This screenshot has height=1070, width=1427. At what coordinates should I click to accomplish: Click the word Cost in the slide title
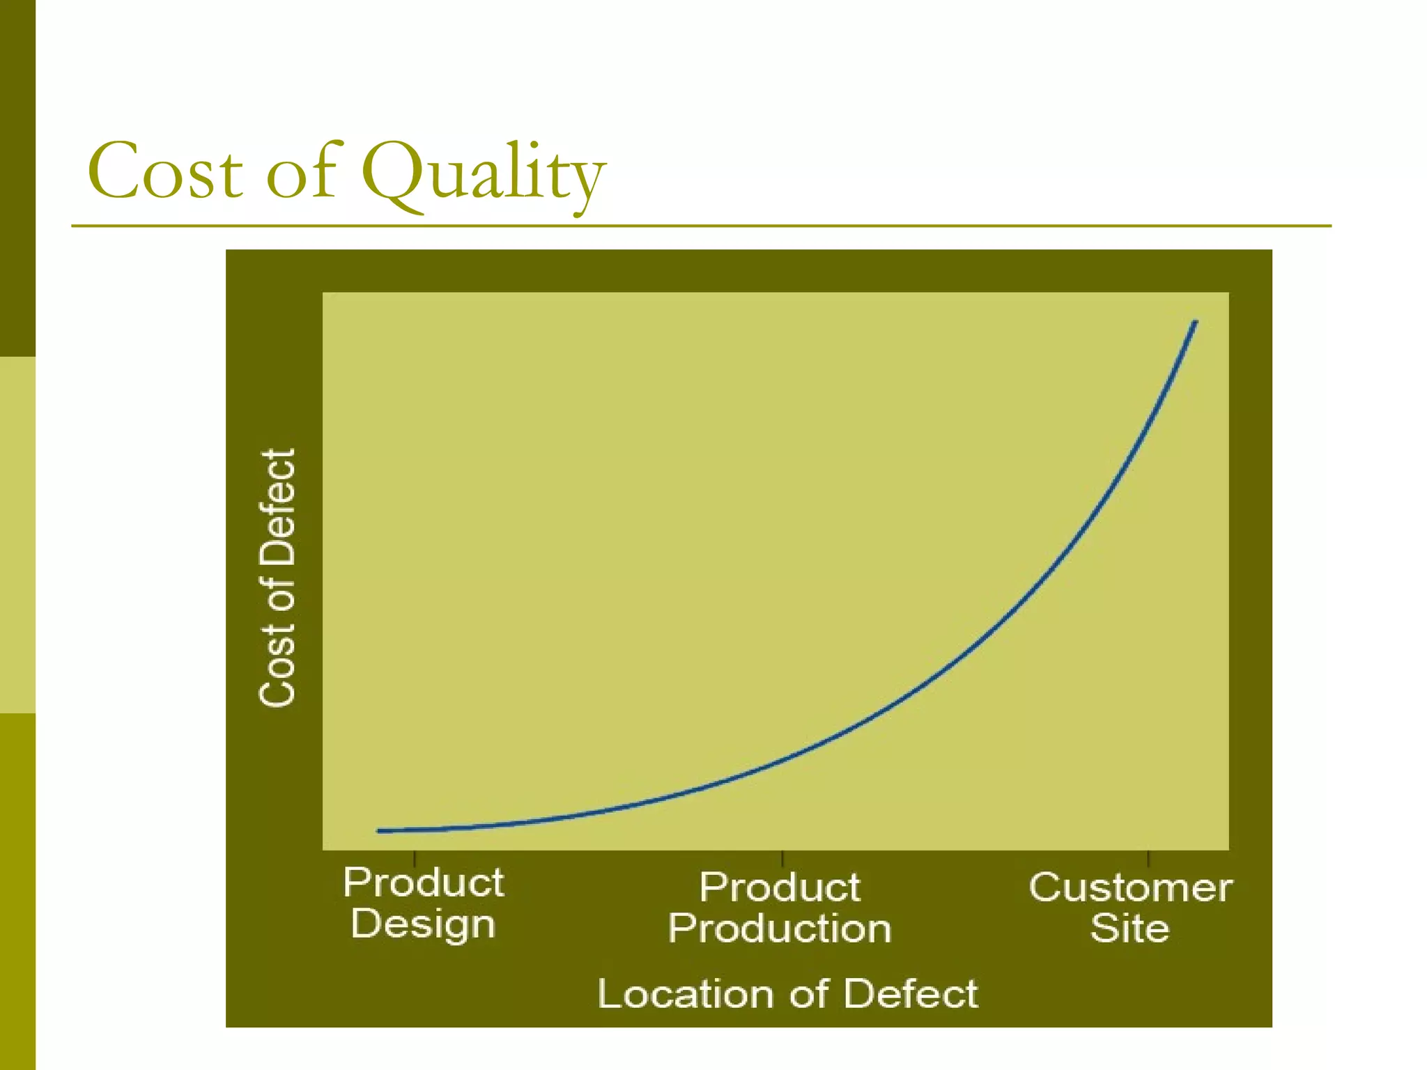[x=165, y=171]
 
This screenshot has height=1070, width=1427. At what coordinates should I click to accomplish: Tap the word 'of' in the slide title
[x=301, y=170]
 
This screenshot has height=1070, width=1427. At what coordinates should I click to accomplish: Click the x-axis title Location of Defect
[x=787, y=993]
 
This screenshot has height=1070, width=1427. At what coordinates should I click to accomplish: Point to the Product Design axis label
[x=423, y=903]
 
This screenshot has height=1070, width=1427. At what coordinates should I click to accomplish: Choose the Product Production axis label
[x=780, y=908]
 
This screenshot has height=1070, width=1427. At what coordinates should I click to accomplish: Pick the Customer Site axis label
[x=1130, y=908]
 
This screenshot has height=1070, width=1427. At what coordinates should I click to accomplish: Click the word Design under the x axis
[x=423, y=924]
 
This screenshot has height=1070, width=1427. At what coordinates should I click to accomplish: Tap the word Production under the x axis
[x=780, y=929]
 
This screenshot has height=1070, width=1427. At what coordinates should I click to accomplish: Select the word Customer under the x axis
[x=1130, y=887]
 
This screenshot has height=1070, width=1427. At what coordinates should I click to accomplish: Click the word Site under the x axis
[x=1129, y=929]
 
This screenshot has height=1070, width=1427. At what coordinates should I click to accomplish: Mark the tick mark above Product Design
[x=415, y=858]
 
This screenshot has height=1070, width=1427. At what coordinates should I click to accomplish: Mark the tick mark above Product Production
[x=782, y=858]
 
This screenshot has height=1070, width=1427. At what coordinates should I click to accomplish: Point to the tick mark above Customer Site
[x=1148, y=858]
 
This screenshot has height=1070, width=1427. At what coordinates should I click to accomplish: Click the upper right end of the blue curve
[x=1195, y=323]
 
